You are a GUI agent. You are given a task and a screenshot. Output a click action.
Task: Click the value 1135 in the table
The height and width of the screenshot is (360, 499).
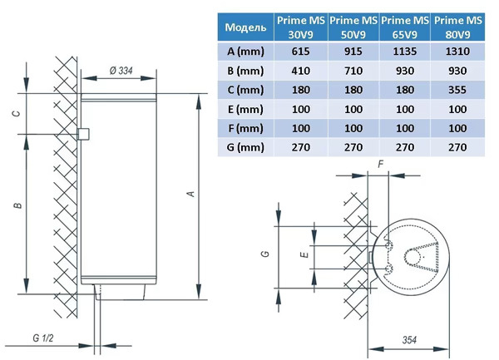tap(405, 52)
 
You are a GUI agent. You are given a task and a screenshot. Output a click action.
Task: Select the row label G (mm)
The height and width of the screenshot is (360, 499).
tap(245, 148)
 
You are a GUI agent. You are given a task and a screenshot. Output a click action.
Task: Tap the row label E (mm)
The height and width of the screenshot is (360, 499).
tap(245, 109)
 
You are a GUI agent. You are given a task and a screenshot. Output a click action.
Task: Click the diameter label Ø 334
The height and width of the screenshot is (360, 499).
tap(121, 71)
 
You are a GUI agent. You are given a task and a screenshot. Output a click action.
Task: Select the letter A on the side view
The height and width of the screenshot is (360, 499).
tap(190, 194)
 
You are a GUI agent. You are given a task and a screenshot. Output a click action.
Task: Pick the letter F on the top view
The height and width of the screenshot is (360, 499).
tap(380, 165)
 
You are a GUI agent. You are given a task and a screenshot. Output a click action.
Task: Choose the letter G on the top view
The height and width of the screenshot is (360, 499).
tap(264, 255)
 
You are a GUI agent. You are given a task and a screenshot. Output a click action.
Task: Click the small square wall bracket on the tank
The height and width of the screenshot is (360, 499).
tap(82, 134)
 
